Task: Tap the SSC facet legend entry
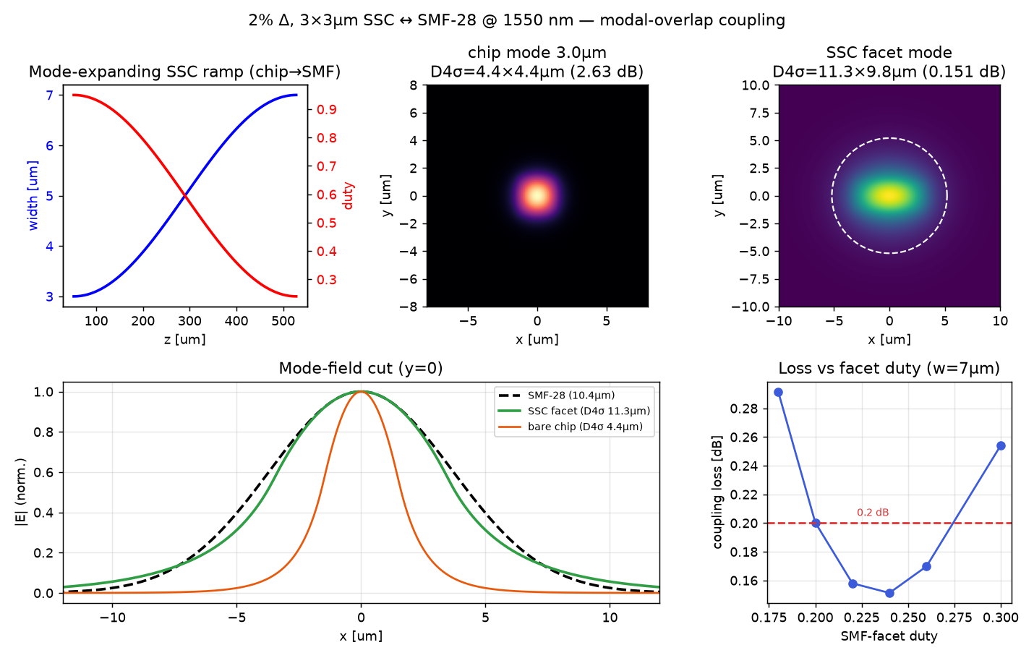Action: click(x=574, y=411)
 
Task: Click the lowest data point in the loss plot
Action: click(x=889, y=593)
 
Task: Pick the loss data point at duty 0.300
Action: click(x=1001, y=445)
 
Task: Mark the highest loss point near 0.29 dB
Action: click(x=778, y=393)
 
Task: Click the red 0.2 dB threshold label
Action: click(x=873, y=513)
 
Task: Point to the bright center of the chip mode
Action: click(x=537, y=196)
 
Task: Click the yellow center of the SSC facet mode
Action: click(x=889, y=196)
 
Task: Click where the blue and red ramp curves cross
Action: click(x=184, y=196)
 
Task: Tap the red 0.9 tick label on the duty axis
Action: click(x=326, y=109)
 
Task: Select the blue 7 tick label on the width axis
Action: click(x=49, y=95)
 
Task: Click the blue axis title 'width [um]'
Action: click(x=33, y=195)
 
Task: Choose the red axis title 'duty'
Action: click(x=348, y=196)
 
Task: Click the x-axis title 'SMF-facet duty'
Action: click(x=889, y=636)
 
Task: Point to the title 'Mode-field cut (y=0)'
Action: click(x=361, y=368)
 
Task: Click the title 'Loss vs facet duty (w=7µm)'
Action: click(x=889, y=368)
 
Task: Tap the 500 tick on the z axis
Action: click(x=283, y=321)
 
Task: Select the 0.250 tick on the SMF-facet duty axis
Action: click(x=908, y=618)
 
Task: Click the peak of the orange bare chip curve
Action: click(x=361, y=392)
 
